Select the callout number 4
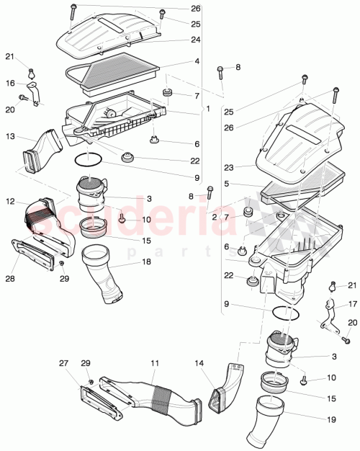196,63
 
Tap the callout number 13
11,135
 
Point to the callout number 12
11,201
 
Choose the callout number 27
63,364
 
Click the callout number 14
199,364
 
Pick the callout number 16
11,84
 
